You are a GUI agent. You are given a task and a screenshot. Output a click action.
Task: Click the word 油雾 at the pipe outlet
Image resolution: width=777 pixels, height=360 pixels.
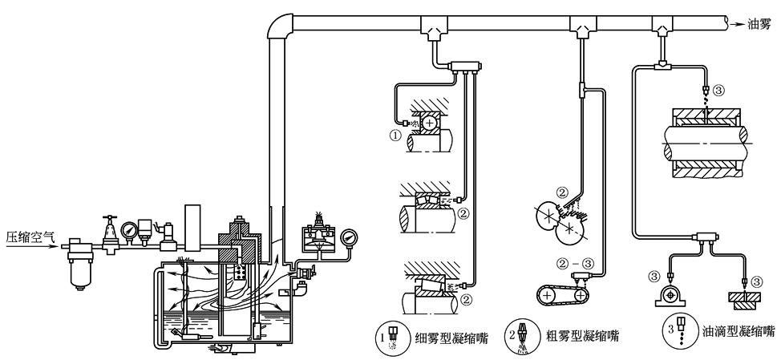755,24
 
